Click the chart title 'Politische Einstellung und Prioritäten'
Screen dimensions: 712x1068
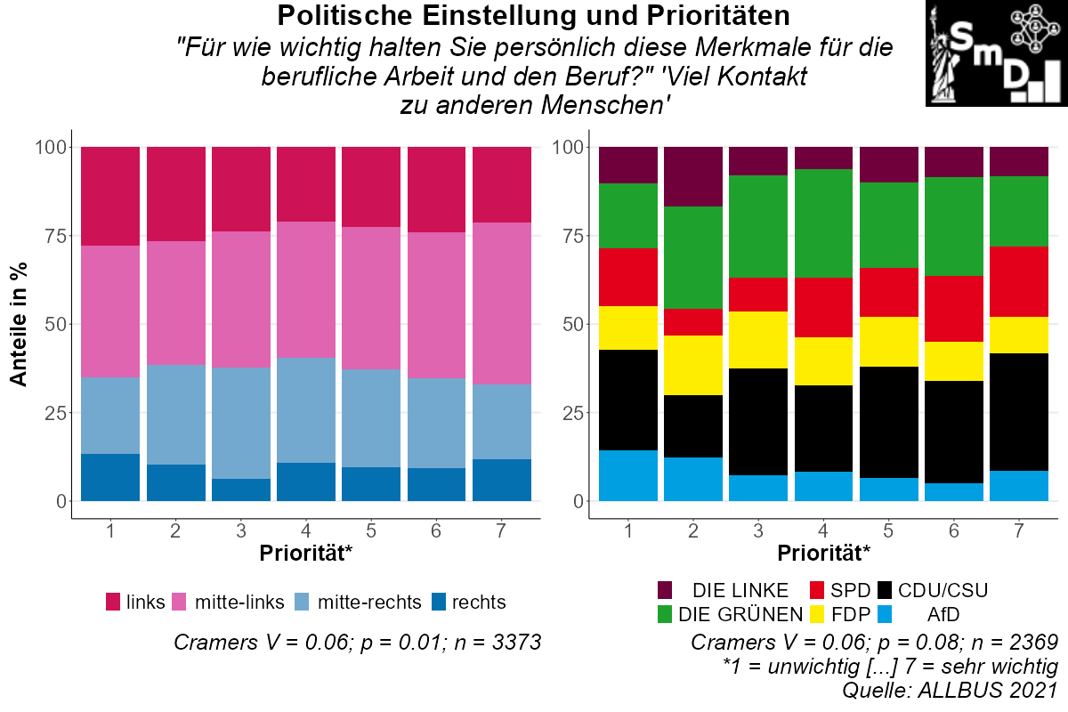(534, 15)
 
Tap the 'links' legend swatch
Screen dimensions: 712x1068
(113, 603)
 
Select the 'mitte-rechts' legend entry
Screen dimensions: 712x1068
(368, 603)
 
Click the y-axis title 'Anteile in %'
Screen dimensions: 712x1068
(18, 324)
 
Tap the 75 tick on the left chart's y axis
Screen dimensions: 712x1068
(52, 236)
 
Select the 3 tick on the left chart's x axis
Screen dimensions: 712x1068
(241, 531)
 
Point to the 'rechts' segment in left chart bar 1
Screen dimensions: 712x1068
(110, 478)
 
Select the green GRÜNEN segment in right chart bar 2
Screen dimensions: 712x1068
(693, 258)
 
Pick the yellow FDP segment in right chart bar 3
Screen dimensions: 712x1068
(759, 340)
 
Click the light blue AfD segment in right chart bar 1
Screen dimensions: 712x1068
(628, 476)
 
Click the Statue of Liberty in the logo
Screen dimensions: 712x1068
(945, 55)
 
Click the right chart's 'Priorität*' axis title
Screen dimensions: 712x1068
(824, 554)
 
